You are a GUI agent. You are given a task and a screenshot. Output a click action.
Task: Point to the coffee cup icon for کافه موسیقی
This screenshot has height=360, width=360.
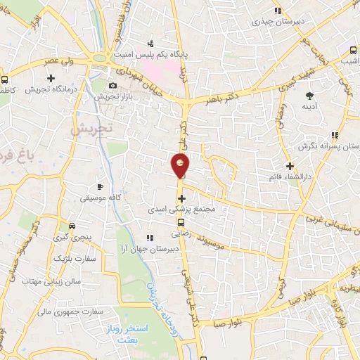[100, 186]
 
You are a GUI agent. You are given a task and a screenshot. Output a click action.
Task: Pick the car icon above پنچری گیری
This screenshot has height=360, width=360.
[71, 226]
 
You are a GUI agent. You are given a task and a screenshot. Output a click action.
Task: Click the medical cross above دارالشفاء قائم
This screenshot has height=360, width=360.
[290, 165]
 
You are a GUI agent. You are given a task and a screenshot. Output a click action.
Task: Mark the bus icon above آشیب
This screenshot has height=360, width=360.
[353, 50]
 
